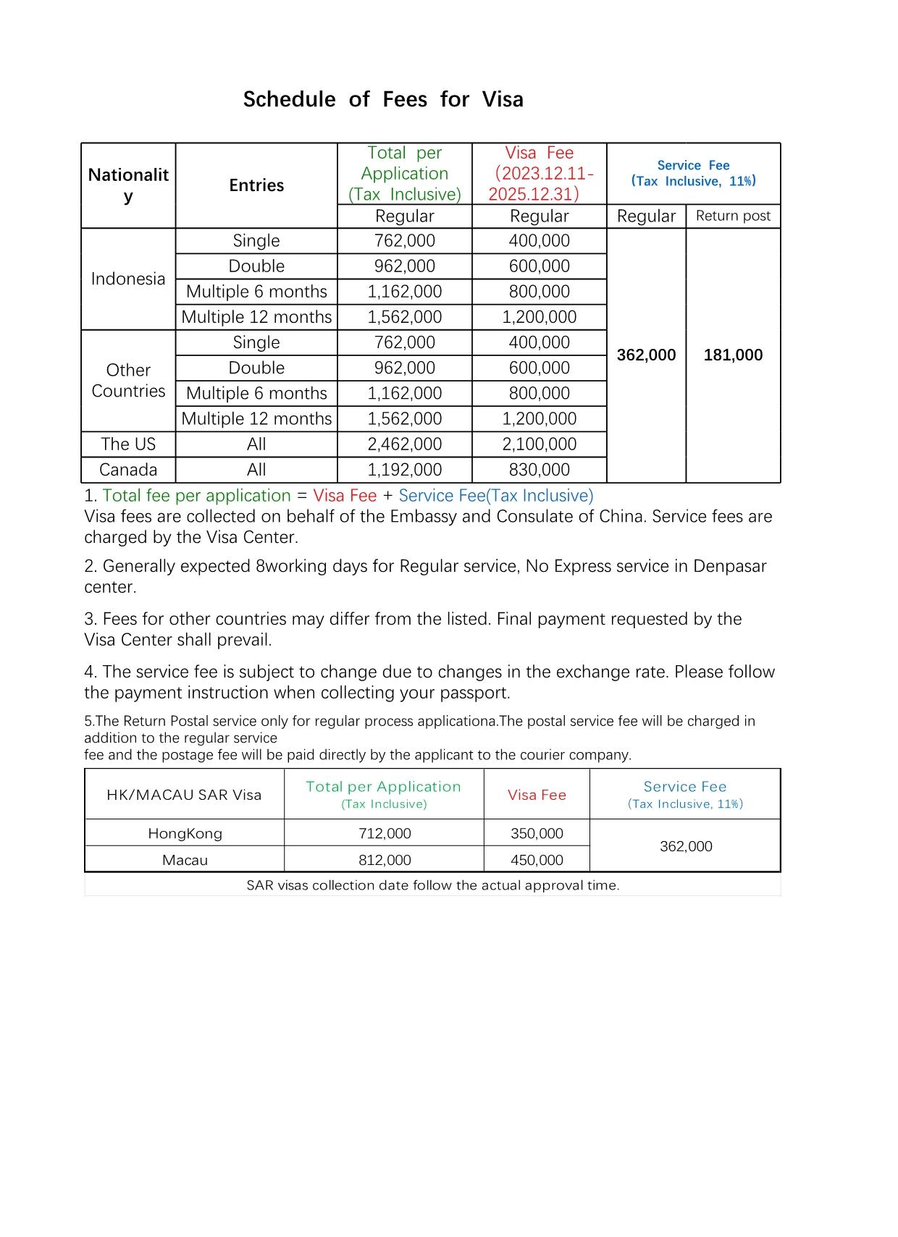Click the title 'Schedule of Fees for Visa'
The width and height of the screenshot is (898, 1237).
click(383, 99)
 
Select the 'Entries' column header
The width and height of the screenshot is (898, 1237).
click(256, 185)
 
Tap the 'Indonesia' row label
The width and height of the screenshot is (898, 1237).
click(128, 279)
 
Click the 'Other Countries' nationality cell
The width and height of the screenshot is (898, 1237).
click(128, 381)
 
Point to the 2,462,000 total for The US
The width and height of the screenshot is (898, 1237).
click(404, 444)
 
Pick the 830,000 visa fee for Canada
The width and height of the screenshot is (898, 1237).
click(539, 470)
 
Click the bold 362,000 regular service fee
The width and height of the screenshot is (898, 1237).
click(646, 355)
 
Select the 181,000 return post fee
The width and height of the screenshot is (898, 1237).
click(733, 355)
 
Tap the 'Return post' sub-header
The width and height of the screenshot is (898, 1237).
click(733, 216)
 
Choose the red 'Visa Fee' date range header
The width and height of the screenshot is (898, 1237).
click(540, 174)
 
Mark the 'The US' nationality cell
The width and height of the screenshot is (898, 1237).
click(128, 444)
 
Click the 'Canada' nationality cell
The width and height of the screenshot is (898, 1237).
click(128, 470)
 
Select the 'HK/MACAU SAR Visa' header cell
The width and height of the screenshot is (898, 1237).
click(184, 795)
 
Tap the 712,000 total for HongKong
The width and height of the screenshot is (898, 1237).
click(385, 834)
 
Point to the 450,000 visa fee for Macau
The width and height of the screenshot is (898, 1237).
click(537, 860)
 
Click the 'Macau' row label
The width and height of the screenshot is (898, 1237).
click(185, 860)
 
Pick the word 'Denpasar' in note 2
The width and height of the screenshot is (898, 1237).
click(729, 566)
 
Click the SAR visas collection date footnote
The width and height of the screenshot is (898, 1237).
click(432, 885)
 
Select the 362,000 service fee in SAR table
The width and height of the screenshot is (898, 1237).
click(686, 846)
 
